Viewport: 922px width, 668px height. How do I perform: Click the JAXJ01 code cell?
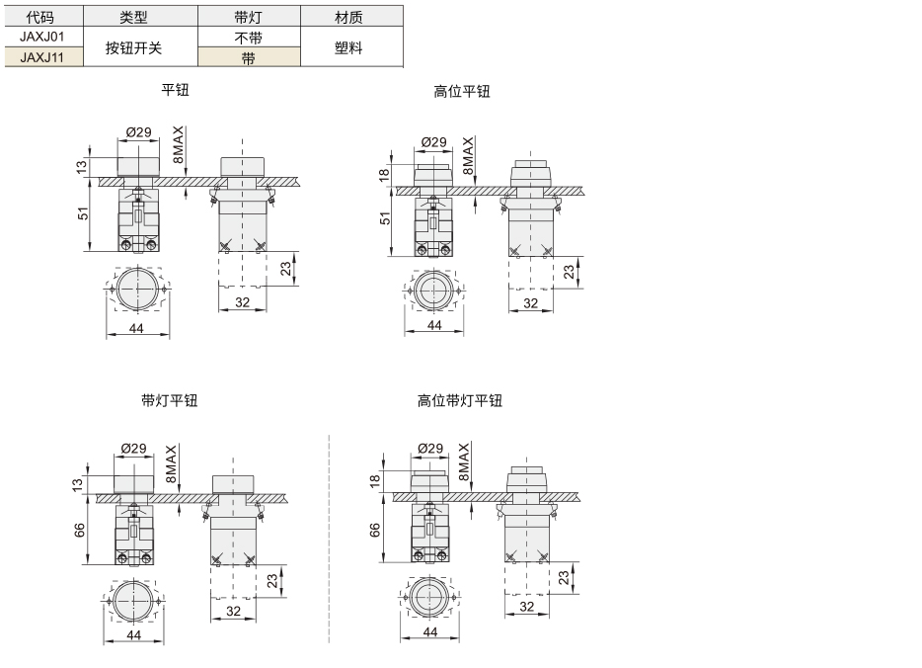pos(41,37)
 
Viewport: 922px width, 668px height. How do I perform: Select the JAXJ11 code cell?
pos(41,57)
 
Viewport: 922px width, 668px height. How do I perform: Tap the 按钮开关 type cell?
pos(133,47)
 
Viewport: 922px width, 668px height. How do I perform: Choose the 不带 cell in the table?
pos(248,39)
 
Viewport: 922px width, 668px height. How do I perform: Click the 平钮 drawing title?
pos(176,90)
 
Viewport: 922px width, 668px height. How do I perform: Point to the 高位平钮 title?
pos(462,91)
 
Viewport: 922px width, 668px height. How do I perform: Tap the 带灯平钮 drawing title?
pos(170,400)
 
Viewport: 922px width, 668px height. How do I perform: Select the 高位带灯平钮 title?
pos(460,400)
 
